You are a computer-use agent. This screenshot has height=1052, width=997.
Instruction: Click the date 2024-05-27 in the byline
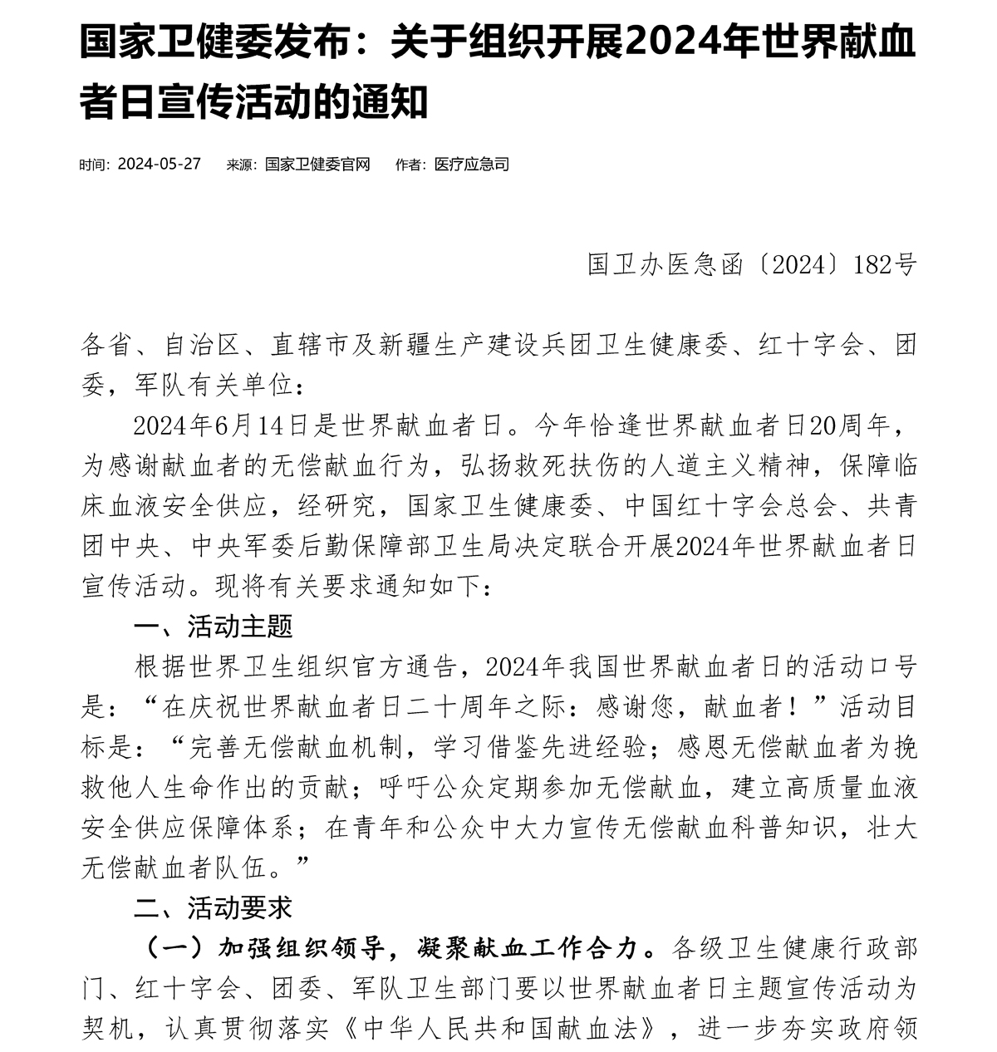tap(160, 164)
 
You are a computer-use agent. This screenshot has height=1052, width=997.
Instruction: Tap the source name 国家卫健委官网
tap(317, 164)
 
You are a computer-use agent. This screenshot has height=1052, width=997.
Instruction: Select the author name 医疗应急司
tap(471, 164)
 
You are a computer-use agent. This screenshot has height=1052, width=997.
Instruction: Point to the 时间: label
tap(94, 164)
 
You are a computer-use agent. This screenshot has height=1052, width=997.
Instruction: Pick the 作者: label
tap(411, 164)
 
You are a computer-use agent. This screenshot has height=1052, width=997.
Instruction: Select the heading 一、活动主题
tap(214, 626)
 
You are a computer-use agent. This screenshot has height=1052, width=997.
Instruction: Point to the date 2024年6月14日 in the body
tap(221, 425)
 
